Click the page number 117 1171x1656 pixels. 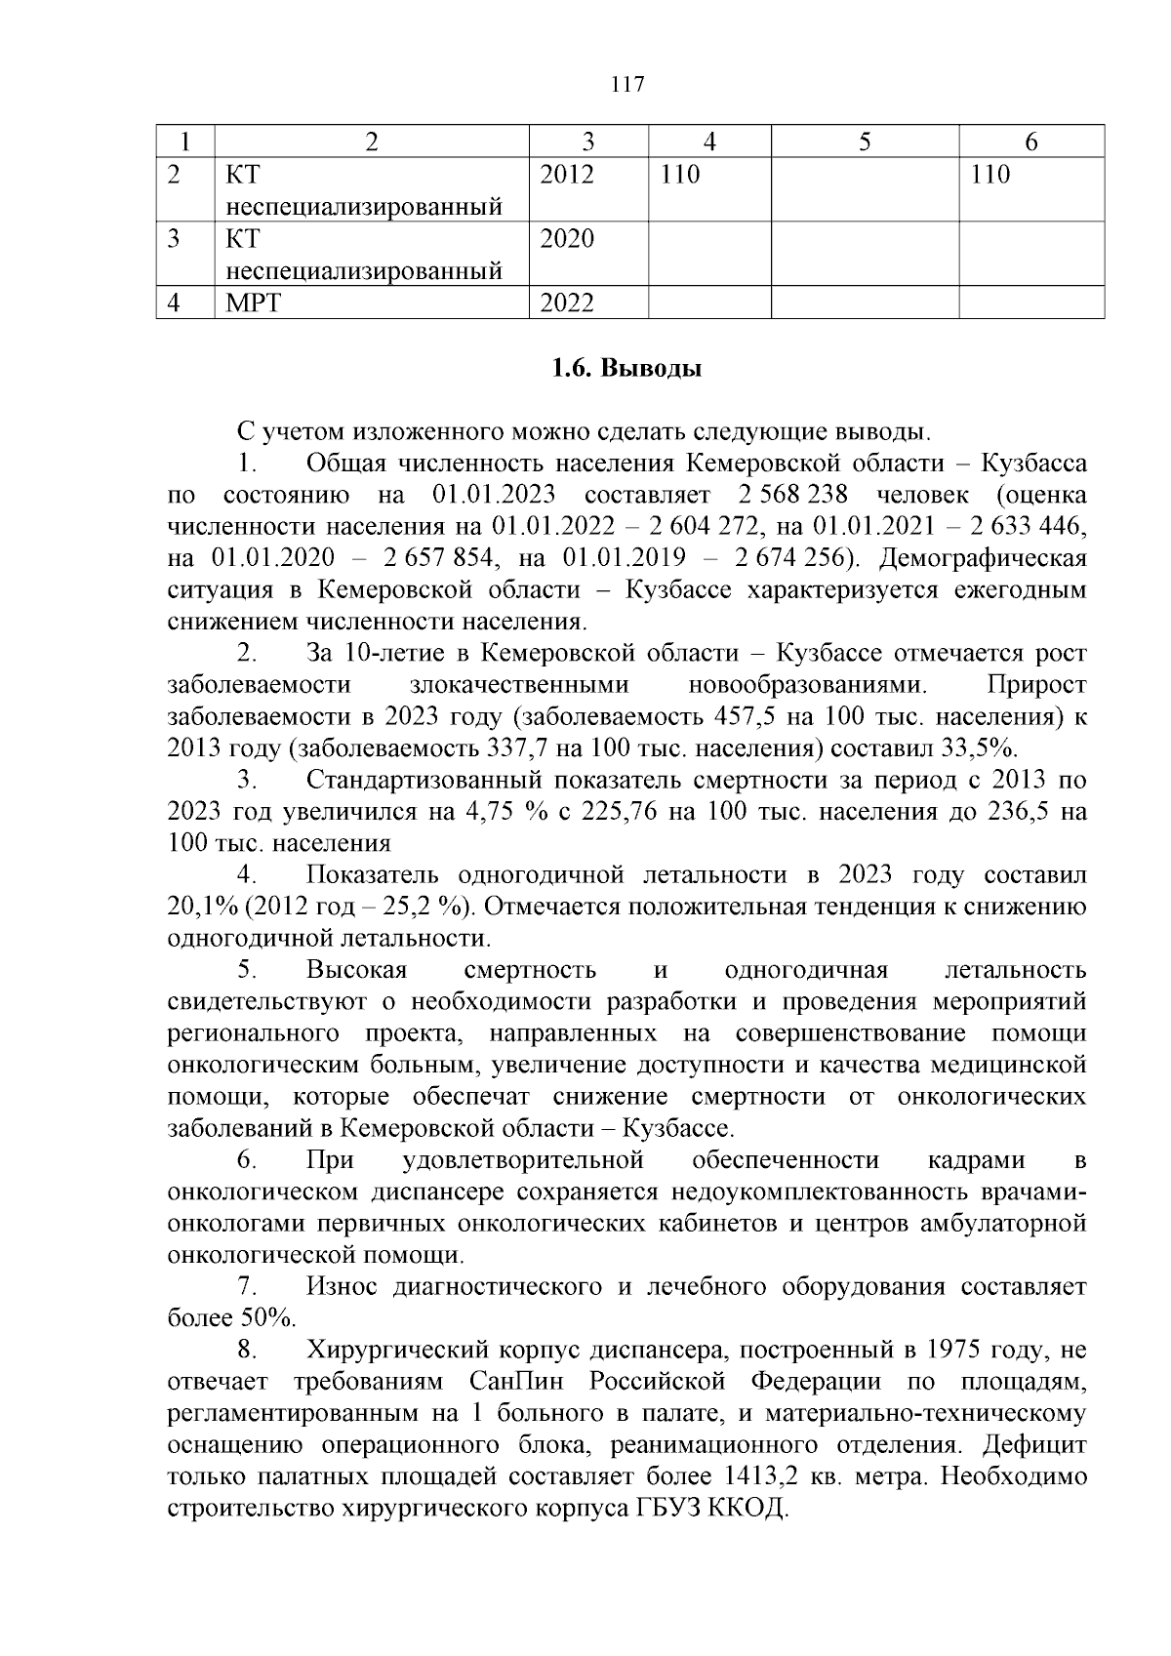[626, 84]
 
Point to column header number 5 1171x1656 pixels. [865, 142]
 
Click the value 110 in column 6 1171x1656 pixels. [990, 176]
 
